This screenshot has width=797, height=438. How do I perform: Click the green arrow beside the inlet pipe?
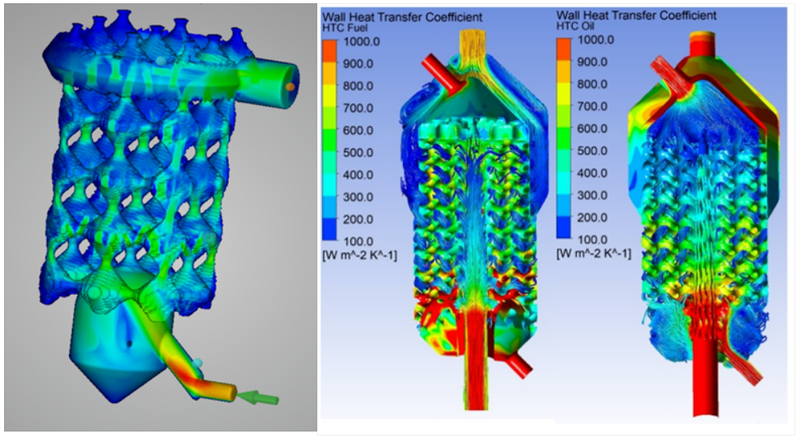tap(259, 398)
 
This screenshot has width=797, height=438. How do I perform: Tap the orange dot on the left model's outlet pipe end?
tap(290, 87)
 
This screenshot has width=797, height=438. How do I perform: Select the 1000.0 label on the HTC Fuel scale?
tap(362, 41)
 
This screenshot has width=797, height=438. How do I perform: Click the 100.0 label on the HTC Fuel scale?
tap(358, 241)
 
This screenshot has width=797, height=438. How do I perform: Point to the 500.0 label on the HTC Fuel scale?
tap(358, 152)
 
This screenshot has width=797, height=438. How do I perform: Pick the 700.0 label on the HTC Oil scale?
tap(592, 106)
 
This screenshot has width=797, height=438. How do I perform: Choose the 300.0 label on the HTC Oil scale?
tap(592, 195)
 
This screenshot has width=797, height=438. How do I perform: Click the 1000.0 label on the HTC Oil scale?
tap(596, 40)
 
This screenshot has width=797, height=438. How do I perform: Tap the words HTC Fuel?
tap(345, 28)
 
